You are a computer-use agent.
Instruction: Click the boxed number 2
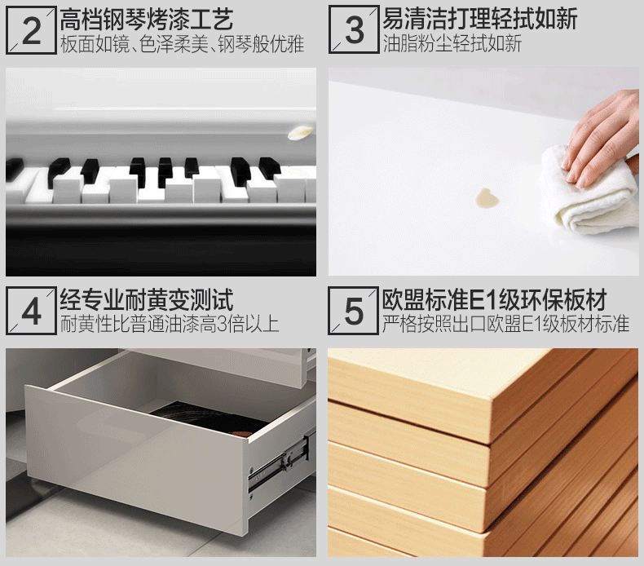31,31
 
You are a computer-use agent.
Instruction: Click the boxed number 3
354,30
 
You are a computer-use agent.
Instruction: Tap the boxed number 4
31,312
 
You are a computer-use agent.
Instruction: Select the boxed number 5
354,312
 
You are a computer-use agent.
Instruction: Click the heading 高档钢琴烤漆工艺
147,20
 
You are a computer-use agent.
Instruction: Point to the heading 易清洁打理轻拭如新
479,19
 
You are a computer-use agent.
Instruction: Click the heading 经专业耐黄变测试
147,299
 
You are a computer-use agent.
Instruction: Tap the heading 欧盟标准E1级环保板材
495,299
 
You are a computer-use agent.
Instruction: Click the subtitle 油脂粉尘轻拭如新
452,43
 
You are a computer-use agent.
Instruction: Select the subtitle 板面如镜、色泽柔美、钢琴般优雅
182,44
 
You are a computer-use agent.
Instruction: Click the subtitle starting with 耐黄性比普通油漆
170,324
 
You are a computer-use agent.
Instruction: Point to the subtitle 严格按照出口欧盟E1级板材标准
505,324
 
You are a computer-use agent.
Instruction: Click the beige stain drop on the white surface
487,198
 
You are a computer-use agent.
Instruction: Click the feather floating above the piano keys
300,132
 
